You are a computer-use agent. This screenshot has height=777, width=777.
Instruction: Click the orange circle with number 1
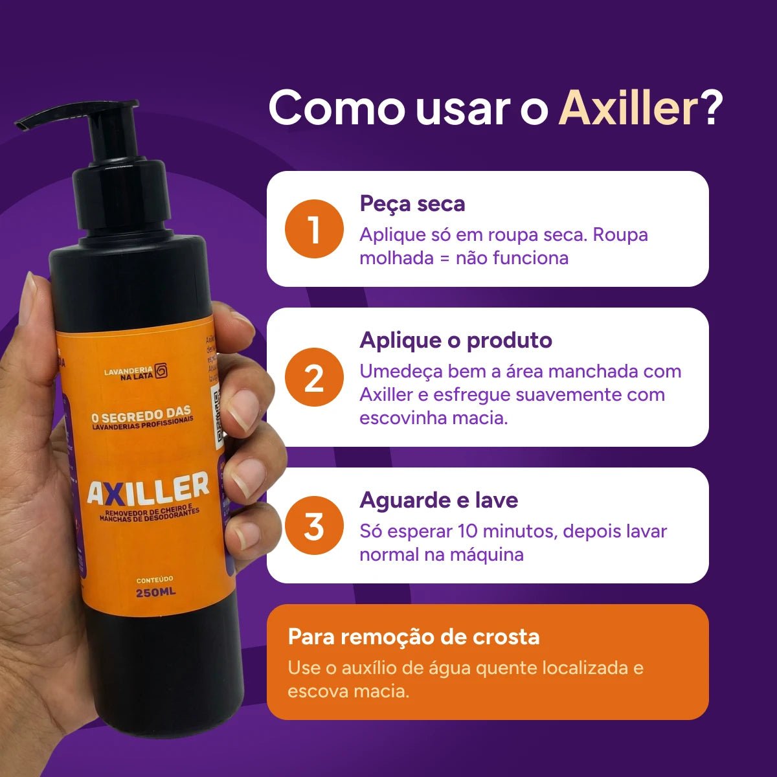[x=314, y=229]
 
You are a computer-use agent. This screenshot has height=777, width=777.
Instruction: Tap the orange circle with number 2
[x=314, y=377]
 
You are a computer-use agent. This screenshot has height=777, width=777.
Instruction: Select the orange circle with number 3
[x=314, y=526]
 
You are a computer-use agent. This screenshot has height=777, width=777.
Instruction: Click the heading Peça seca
[x=412, y=203]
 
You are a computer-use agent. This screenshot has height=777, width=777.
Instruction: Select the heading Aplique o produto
[x=456, y=340]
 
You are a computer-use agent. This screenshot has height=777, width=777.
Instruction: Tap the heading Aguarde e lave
[x=439, y=500]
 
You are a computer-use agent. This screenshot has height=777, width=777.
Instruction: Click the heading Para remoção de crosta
[x=414, y=636]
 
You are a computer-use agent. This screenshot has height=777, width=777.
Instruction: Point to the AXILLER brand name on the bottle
[x=148, y=489]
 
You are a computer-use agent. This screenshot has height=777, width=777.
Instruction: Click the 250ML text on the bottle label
[x=155, y=592]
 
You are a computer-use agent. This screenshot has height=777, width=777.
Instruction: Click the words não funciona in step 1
[x=512, y=258]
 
